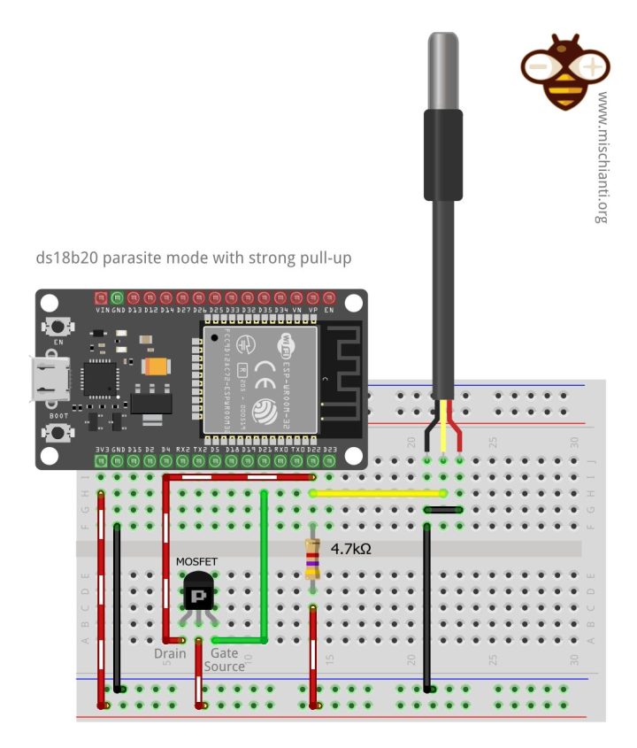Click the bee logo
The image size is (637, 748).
[564, 70]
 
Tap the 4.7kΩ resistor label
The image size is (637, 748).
[350, 549]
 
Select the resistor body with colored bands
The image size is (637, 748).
[312, 559]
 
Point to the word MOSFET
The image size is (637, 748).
[196, 561]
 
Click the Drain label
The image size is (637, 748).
[170, 653]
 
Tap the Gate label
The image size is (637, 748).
[224, 653]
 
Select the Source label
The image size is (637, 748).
[224, 666]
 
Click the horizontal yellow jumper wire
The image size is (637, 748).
[376, 493]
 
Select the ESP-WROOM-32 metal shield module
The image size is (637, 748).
[259, 379]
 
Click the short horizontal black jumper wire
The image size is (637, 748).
[443, 510]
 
